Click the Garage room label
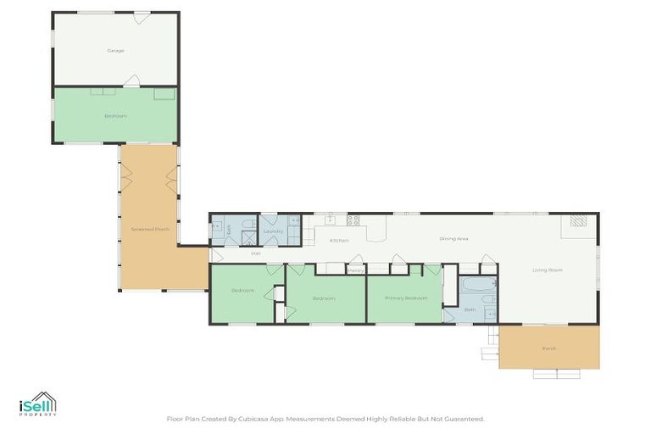click(x=115, y=50)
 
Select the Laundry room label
click(x=273, y=231)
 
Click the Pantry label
click(x=355, y=270)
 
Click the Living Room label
click(x=548, y=270)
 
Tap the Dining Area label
click(x=453, y=239)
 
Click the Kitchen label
click(x=339, y=241)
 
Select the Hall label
click(x=254, y=253)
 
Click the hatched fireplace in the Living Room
click(x=577, y=221)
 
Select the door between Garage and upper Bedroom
click(x=131, y=81)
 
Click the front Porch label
click(x=548, y=348)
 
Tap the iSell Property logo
click(x=37, y=404)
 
